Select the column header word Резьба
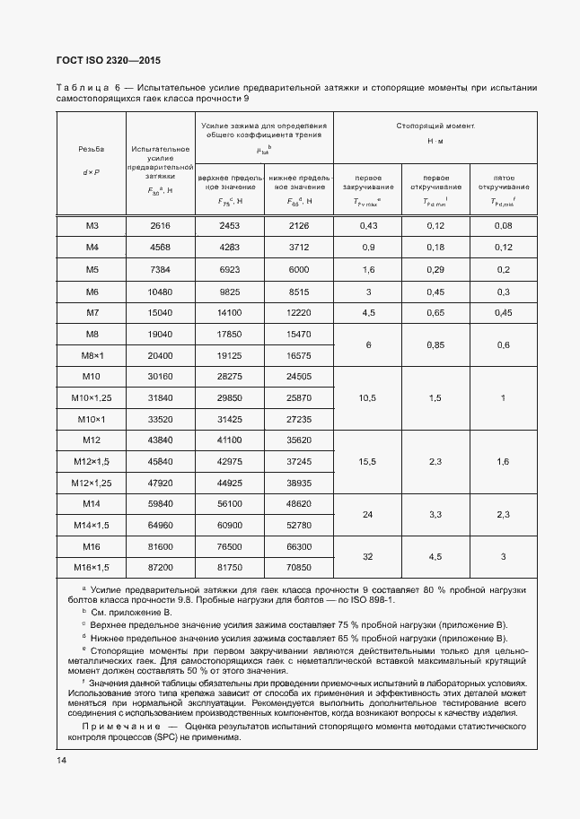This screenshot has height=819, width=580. click(91, 149)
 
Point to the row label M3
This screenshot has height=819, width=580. click(91, 226)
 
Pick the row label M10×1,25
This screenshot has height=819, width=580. click(91, 397)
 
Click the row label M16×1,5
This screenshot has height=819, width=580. click(91, 567)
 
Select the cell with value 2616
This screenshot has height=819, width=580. click(160, 226)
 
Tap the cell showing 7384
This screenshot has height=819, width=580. click(160, 269)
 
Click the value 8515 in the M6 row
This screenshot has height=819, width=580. click(298, 291)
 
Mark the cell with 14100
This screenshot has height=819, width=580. click(231, 312)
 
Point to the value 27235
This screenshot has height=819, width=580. click(298, 419)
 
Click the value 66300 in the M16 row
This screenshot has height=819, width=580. click(298, 546)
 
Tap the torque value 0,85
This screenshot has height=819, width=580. click(435, 344)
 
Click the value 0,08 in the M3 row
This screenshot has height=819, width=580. click(503, 226)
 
